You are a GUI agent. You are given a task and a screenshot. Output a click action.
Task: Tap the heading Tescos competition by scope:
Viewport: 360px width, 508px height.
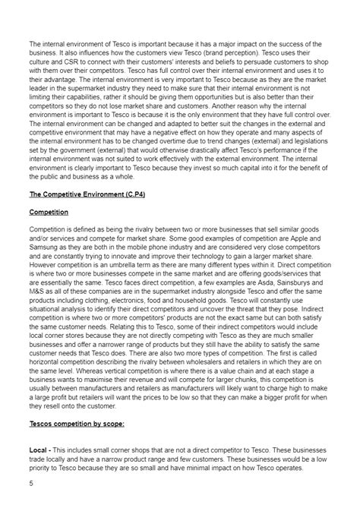[78, 421]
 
